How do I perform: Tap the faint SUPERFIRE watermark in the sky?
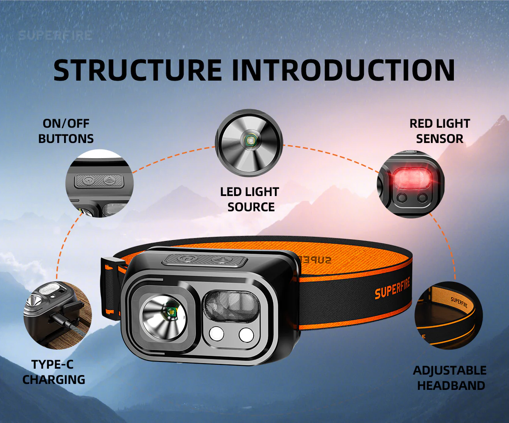(55, 35)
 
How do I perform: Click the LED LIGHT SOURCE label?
(249, 199)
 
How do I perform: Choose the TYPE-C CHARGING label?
(54, 372)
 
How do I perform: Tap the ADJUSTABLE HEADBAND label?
(450, 378)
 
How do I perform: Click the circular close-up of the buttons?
(100, 183)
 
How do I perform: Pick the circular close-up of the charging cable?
(57, 315)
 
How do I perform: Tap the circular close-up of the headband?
(448, 315)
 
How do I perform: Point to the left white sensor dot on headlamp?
(216, 334)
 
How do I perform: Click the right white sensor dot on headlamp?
(246, 334)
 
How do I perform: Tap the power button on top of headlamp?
(185, 260)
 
